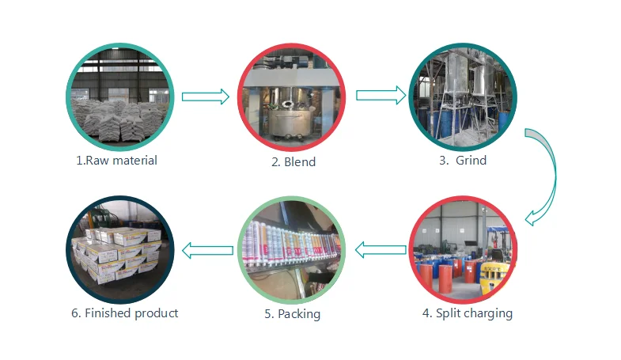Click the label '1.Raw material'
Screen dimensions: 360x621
pyautogui.click(x=116, y=161)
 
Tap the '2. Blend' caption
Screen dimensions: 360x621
pyautogui.click(x=293, y=162)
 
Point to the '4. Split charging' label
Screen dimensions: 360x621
pyautogui.click(x=467, y=313)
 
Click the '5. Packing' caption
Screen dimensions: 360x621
pyautogui.click(x=292, y=314)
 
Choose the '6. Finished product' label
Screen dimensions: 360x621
pyautogui.click(x=124, y=313)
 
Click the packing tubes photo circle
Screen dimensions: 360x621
pyautogui.click(x=292, y=249)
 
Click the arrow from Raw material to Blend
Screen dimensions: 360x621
pyautogui.click(x=205, y=97)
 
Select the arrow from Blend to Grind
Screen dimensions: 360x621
pyautogui.click(x=378, y=96)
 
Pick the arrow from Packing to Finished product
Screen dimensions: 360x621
pyautogui.click(x=207, y=251)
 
